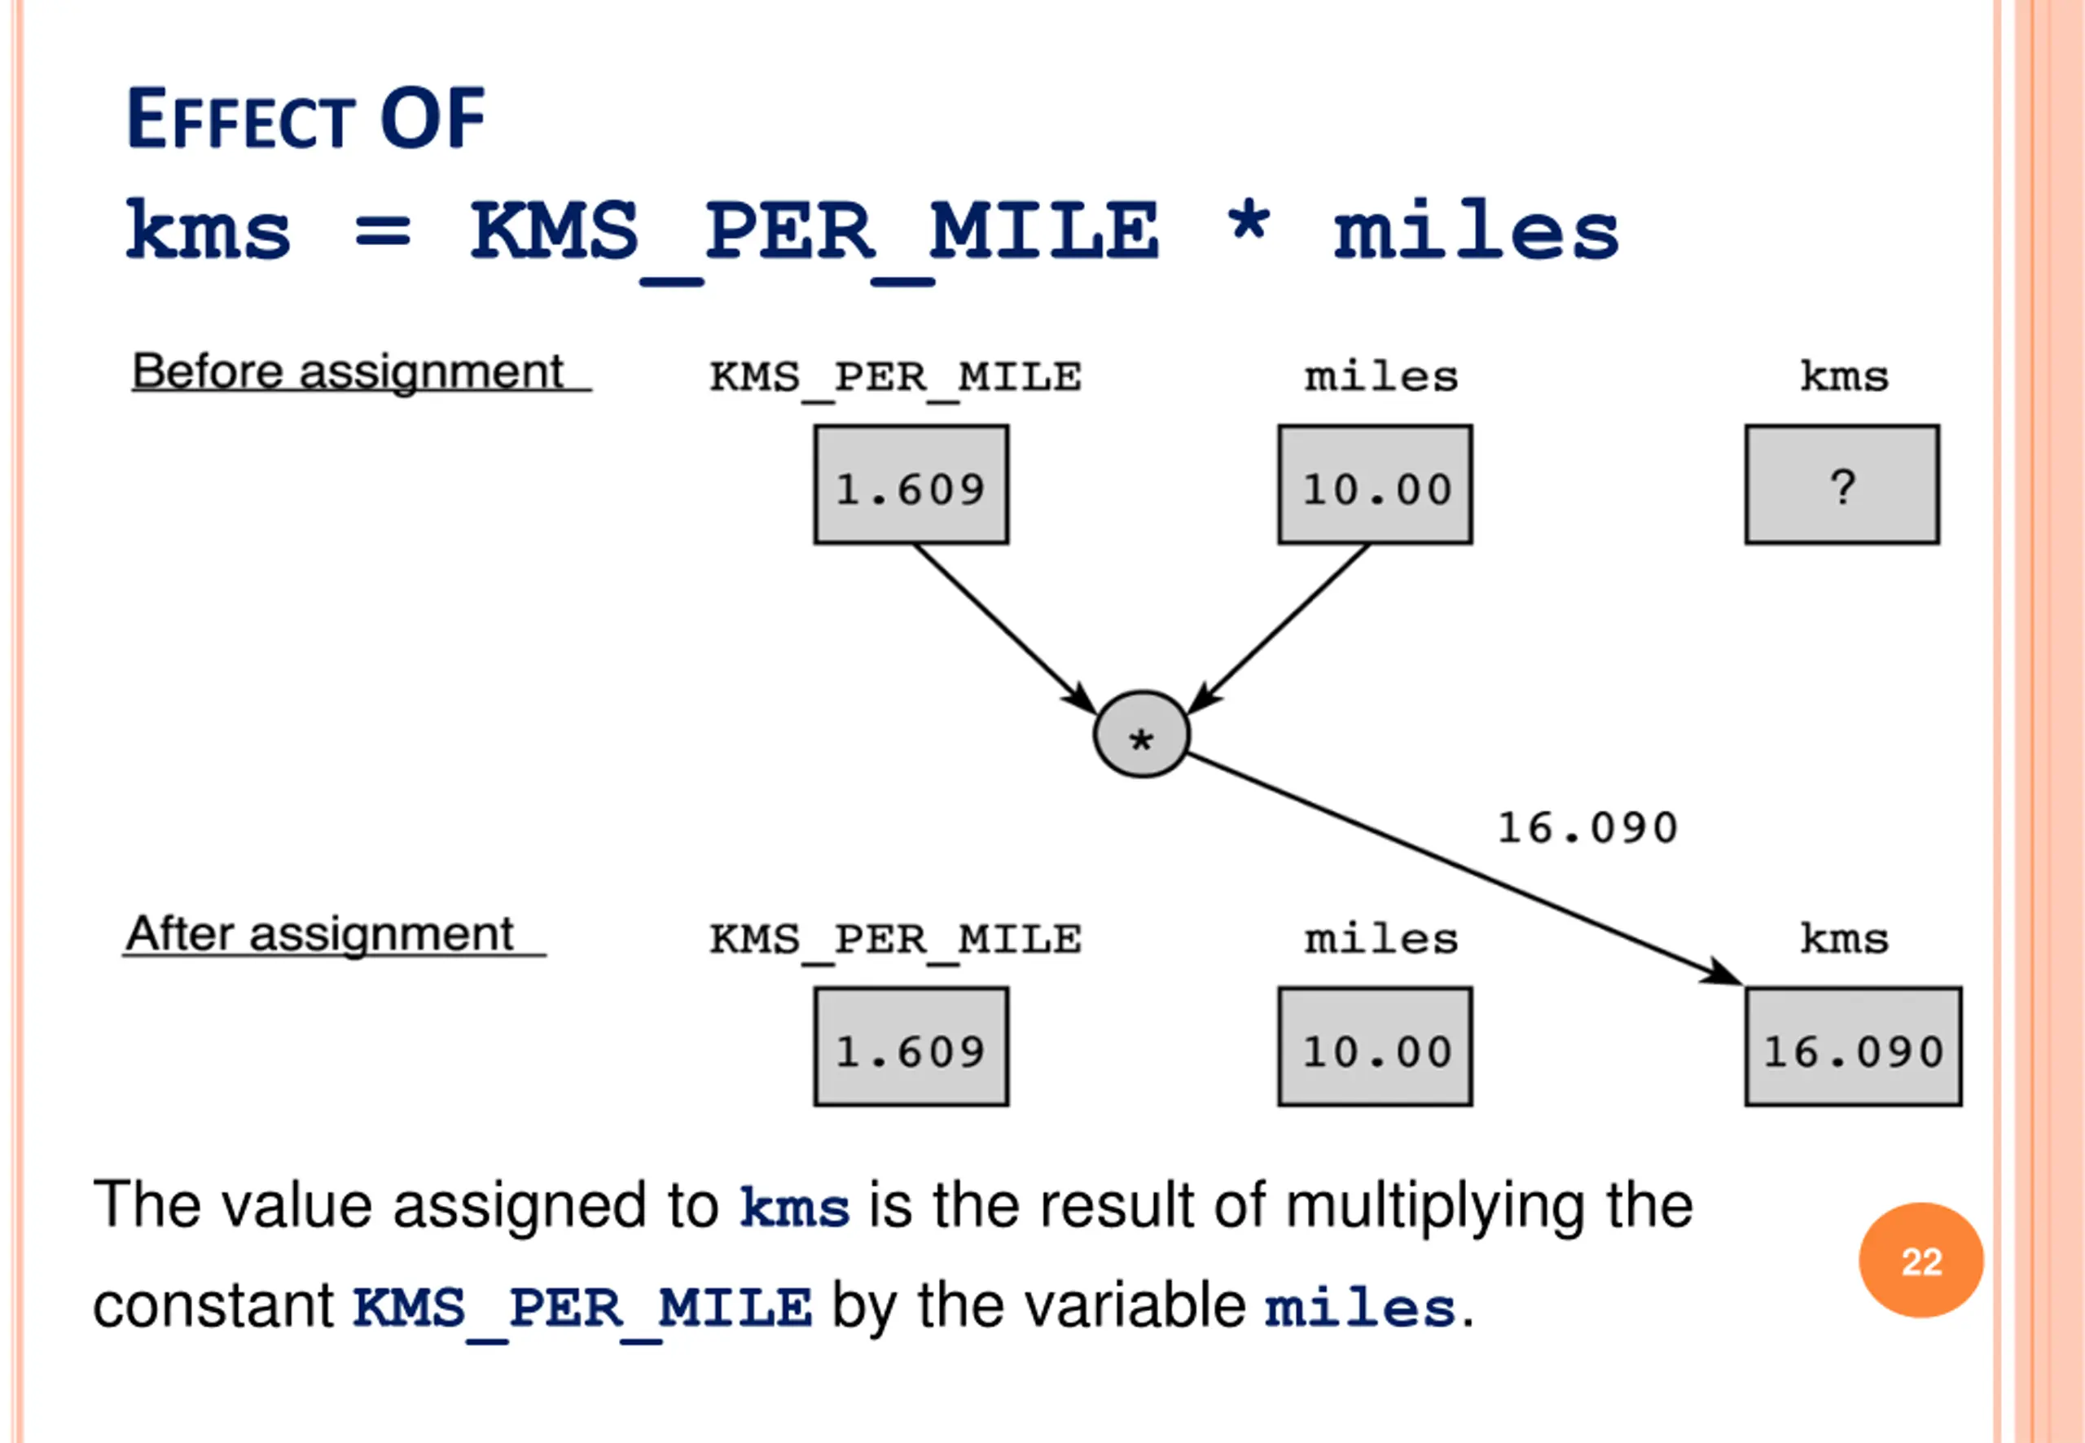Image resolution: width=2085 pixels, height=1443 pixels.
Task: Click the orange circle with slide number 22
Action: point(1920,1260)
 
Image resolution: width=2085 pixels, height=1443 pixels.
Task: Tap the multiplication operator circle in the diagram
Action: point(1141,735)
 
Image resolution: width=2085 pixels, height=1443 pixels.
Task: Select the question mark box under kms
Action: point(1841,485)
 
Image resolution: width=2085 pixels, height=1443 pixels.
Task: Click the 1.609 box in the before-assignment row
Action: point(911,485)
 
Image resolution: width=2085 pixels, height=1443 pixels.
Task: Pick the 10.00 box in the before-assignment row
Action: point(1374,485)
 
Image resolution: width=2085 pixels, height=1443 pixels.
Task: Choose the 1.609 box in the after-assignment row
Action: point(911,1046)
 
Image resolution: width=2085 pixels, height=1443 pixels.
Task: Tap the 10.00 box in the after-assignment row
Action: point(1374,1046)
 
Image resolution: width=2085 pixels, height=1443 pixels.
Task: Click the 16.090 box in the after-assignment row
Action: point(1853,1046)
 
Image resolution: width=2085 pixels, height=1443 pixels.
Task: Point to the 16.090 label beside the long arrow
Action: point(1587,827)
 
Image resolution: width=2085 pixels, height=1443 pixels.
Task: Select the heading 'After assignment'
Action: point(320,934)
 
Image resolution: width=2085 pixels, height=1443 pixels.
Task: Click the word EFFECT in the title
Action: point(240,120)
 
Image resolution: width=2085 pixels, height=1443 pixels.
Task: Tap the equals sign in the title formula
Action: point(383,230)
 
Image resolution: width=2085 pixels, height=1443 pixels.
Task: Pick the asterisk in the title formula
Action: point(1248,221)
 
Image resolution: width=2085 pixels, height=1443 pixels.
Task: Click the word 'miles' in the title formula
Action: point(1476,230)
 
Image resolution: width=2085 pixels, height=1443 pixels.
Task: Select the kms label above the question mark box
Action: point(1844,375)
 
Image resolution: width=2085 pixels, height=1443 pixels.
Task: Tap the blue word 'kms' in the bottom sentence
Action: point(794,1207)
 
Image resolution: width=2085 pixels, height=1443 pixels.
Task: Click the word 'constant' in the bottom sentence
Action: point(213,1306)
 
